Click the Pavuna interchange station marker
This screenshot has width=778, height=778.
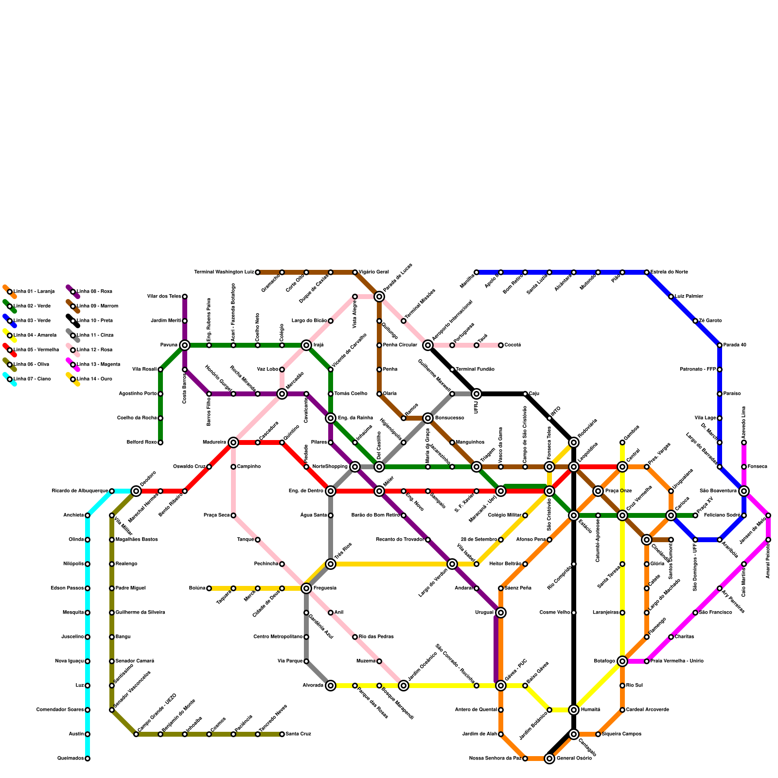point(185,345)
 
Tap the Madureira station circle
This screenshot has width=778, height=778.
point(233,442)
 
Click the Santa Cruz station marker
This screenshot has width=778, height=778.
point(282,734)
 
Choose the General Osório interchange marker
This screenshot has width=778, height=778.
point(549,759)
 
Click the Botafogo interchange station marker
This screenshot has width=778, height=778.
point(622,661)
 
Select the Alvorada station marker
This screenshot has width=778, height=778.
point(331,686)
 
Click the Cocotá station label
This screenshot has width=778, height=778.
point(513,345)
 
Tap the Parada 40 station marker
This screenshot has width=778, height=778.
point(720,345)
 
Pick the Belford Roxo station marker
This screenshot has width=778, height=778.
point(160,442)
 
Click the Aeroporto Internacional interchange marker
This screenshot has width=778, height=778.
point(428,345)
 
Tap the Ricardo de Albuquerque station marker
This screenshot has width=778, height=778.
point(112,491)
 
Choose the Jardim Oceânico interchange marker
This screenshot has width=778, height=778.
point(404,686)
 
